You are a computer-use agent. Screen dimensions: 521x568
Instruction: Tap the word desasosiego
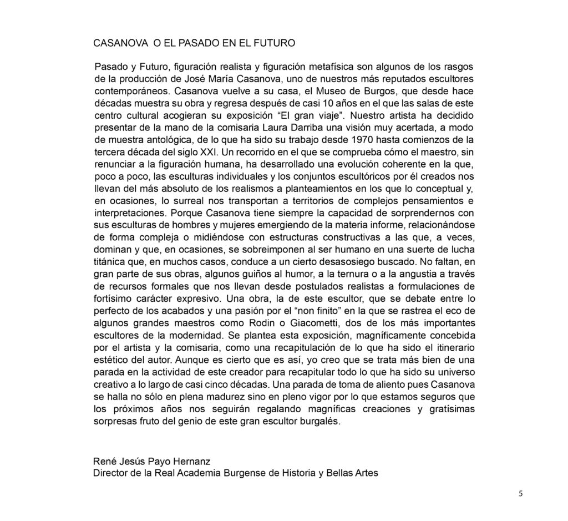tap(361, 261)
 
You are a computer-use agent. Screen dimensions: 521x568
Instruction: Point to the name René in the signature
tap(106, 461)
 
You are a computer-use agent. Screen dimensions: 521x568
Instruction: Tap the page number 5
tap(520, 494)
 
